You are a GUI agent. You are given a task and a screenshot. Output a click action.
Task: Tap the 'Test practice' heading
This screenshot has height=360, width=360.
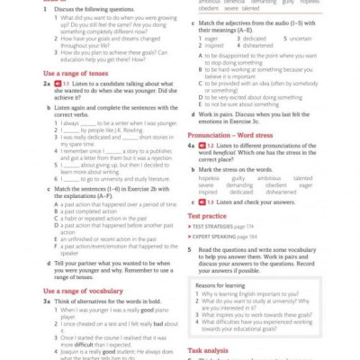point(207,216)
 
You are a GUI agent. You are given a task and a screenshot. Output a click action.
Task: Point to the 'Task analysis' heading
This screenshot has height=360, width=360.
point(209,349)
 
